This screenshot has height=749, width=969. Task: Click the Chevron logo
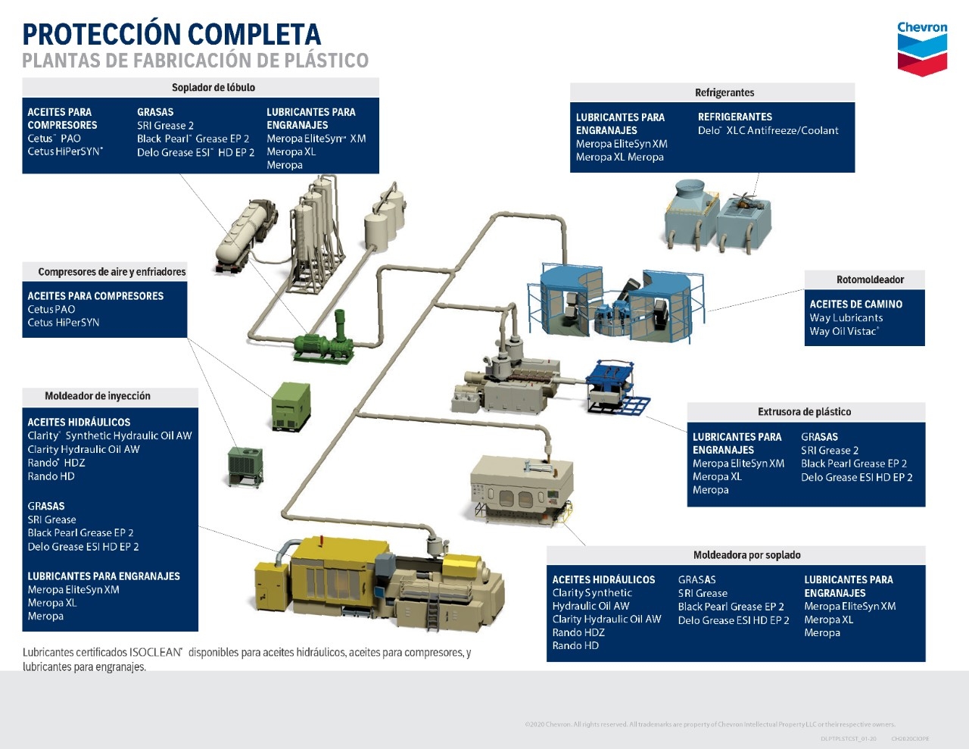[x=921, y=48]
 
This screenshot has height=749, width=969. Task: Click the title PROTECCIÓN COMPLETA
[x=172, y=35]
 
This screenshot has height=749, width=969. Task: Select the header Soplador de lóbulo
[x=213, y=87]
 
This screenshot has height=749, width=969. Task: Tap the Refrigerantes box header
[x=724, y=92]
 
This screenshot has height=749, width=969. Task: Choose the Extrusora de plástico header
[x=804, y=412]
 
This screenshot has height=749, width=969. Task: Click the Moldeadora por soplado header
[x=746, y=555]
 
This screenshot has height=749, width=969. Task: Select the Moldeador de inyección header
[x=98, y=396]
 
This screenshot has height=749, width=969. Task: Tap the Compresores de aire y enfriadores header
[x=111, y=272]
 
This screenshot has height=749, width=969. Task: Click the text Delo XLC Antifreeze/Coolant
[x=768, y=130]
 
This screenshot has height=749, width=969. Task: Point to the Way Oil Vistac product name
[x=843, y=331]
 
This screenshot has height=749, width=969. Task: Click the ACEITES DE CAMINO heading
[x=855, y=304]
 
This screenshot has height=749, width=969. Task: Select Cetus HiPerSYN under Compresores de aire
[x=64, y=323]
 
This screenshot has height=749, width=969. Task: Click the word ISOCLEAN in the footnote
[x=155, y=652]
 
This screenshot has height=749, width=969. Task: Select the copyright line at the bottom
[x=709, y=725]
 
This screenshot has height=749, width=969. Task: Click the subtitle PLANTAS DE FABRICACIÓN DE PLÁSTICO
[x=195, y=61]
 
